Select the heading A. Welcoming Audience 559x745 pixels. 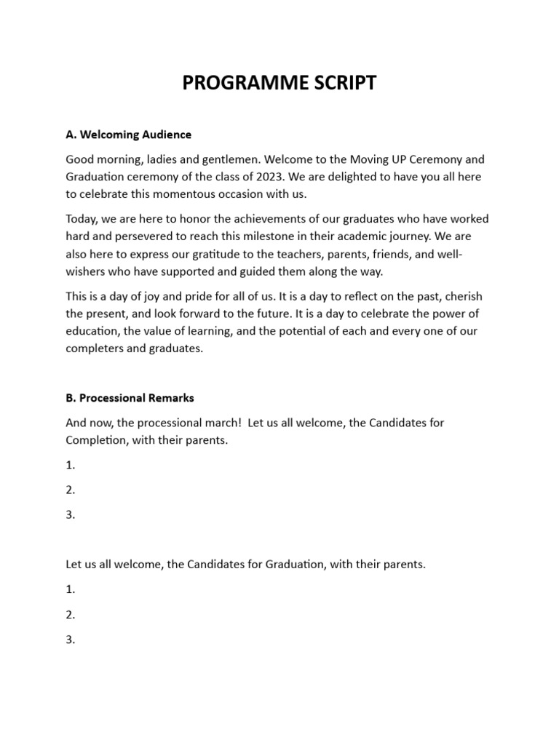128,135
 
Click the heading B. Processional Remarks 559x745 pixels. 130,398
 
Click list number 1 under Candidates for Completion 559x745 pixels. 70,465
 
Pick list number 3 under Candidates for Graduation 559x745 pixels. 70,640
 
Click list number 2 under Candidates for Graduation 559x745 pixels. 70,615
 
